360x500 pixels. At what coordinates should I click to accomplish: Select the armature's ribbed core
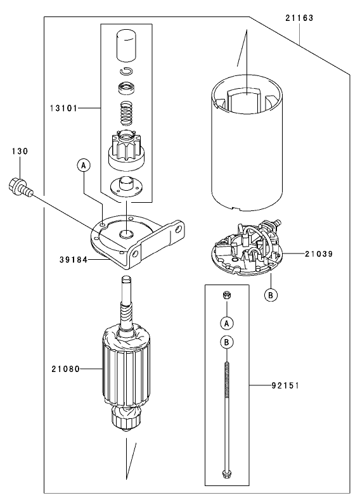point(127,368)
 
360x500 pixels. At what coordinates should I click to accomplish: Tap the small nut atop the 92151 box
point(226,295)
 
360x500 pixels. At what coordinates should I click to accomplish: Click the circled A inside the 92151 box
point(226,323)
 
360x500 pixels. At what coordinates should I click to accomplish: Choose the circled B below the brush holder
point(271,295)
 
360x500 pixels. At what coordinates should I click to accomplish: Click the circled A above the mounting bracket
point(84,165)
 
